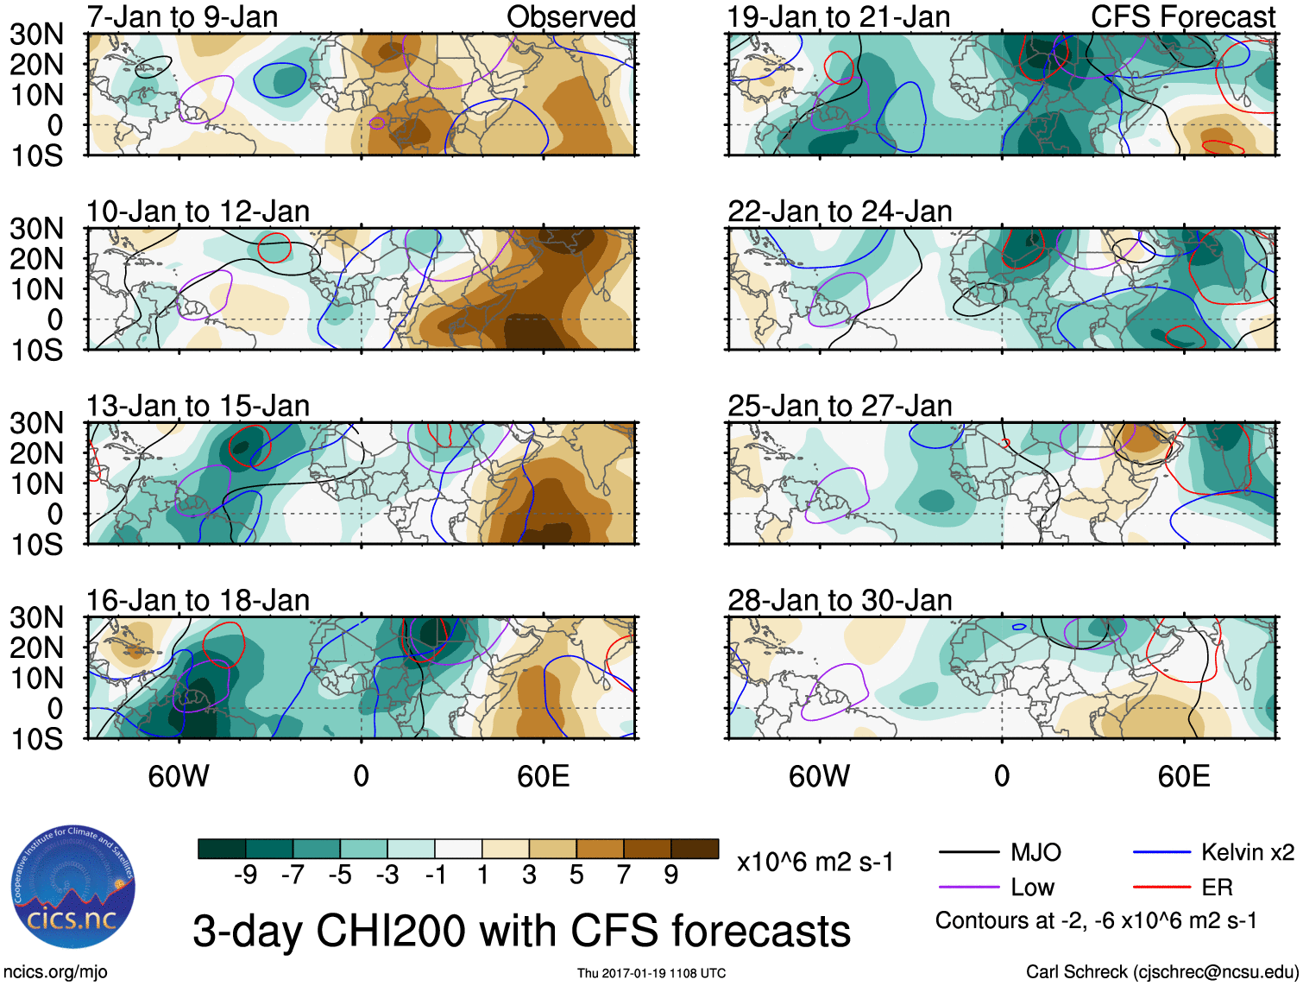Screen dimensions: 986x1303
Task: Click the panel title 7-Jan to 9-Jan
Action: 182,16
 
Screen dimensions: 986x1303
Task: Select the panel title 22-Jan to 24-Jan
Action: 840,212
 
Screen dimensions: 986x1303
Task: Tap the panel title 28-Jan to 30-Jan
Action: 840,600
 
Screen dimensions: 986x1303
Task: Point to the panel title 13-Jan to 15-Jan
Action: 198,406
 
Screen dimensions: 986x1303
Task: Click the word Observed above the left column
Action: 570,16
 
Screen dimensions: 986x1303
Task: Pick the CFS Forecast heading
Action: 1182,16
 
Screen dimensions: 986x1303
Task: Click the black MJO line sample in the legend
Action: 969,853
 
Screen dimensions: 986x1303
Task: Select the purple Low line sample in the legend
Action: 969,887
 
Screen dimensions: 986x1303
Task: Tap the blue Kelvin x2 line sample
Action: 1161,853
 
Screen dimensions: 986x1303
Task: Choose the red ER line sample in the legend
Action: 1161,887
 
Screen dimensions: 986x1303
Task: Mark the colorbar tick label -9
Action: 245,875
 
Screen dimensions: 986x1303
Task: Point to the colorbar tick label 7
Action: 624,875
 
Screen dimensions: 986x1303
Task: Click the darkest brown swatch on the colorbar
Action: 695,849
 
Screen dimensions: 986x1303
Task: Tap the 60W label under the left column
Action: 179,776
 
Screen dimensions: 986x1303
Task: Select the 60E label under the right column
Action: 1184,776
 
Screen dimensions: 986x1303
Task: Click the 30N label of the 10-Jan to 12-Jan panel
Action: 36,229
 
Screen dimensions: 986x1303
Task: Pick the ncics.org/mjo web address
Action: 54,972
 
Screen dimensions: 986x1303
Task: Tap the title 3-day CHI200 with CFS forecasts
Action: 521,931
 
